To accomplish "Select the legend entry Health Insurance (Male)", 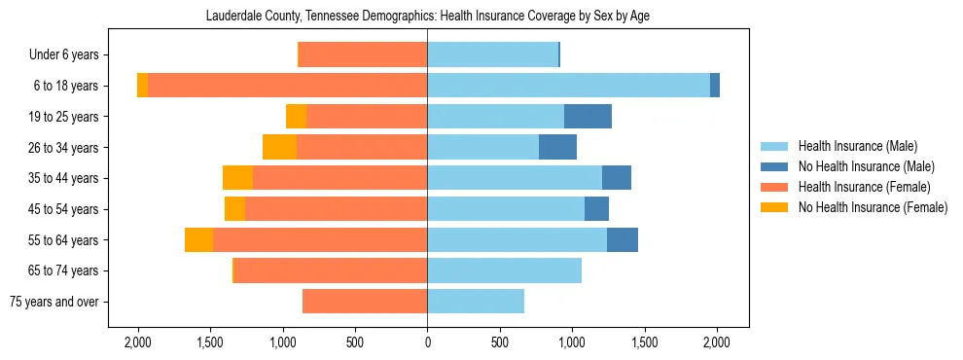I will click(x=857, y=146).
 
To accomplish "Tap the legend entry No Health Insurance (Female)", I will click(x=873, y=207).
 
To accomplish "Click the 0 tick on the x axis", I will click(x=427, y=342).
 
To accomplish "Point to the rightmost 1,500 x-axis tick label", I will click(x=644, y=342).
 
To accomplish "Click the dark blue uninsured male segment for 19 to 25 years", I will click(x=588, y=117).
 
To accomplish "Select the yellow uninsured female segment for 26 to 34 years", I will click(x=280, y=147).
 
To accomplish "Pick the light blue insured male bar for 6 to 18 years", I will click(x=568, y=86).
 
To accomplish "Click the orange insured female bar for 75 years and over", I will click(x=365, y=302).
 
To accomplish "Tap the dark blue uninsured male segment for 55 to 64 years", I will click(x=623, y=240).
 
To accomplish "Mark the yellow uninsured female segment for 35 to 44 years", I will click(x=238, y=178).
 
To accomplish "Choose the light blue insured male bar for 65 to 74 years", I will click(x=504, y=270).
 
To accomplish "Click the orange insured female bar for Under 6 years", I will click(x=363, y=55).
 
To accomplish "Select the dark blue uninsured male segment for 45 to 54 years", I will click(x=596, y=209).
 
